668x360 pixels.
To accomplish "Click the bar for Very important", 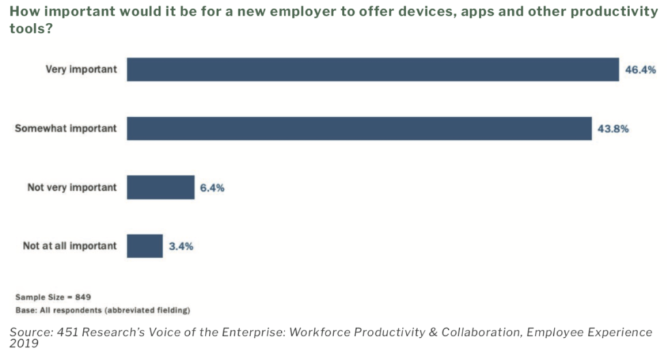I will pyautogui.click(x=372, y=69).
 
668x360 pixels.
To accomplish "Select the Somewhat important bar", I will pyautogui.click(x=359, y=128).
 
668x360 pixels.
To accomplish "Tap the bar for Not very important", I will pyautogui.click(x=160, y=187).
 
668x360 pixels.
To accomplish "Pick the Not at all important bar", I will pyautogui.click(x=144, y=246).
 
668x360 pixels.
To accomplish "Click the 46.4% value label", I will pyautogui.click(x=640, y=70).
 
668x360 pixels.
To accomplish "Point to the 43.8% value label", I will pyautogui.click(x=613, y=129).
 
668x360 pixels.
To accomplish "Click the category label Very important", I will pyautogui.click(x=82, y=69).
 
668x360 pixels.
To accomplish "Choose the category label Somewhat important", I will pyautogui.click(x=66, y=128).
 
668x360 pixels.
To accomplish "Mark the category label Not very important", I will pyautogui.click(x=72, y=187).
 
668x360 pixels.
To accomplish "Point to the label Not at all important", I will pyautogui.click(x=70, y=246).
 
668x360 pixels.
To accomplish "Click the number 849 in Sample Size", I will pyautogui.click(x=82, y=297).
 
